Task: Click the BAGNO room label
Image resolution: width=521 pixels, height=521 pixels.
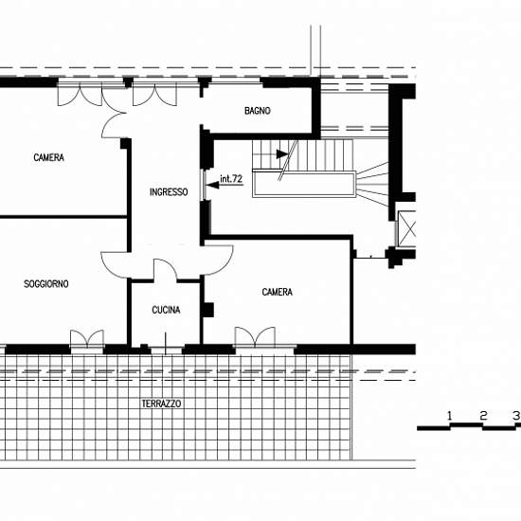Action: pos(257,111)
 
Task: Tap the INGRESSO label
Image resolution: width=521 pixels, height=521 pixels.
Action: pos(169,192)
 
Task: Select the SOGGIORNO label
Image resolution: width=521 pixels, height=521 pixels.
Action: pos(46,284)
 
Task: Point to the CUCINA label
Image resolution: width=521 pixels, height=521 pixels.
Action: pos(166,310)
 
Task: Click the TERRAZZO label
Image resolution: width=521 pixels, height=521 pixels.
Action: pos(161,404)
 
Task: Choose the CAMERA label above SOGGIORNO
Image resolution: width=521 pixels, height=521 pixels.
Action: pos(49,157)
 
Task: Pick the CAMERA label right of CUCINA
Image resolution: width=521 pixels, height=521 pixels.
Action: pos(278,292)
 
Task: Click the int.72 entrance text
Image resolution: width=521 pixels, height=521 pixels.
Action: pos(231,179)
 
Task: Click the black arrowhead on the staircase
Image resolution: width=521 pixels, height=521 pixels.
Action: pos(282,154)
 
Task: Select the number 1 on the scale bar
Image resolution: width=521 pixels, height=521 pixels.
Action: pos(450,415)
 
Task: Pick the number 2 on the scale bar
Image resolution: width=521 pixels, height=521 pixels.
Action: pos(483,415)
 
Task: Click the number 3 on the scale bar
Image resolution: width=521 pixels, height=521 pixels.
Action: pos(516,415)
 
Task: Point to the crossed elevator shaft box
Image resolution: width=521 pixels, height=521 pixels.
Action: pos(407,228)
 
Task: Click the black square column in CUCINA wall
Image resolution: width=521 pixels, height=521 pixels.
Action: pos(207,310)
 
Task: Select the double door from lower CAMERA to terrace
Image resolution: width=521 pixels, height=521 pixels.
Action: pos(255,336)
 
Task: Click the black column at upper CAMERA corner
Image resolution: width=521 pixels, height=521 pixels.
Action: pos(126,144)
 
